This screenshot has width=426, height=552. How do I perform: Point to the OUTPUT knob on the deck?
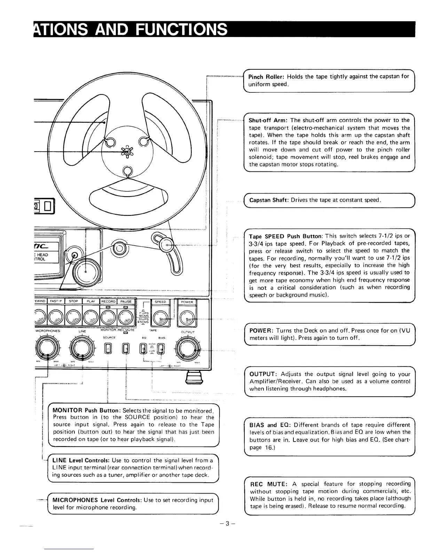pos(188,348)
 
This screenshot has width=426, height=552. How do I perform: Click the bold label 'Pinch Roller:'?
pos(266,77)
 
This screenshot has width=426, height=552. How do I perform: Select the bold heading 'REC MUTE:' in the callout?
pos(269,484)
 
